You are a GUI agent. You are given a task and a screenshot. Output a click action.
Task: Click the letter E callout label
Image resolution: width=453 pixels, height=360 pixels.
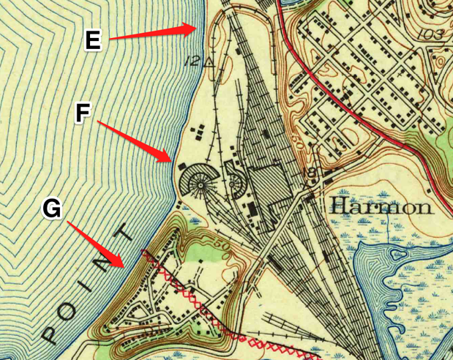(92, 41)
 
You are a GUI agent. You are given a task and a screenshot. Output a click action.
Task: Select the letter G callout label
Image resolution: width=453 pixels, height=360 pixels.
(51, 209)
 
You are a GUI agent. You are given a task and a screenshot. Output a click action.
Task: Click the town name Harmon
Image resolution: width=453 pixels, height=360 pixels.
(381, 206)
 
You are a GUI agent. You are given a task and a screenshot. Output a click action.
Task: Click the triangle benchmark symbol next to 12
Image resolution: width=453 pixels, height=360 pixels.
(209, 62)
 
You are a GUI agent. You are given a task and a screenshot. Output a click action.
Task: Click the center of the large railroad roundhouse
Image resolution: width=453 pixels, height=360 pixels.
(198, 179)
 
